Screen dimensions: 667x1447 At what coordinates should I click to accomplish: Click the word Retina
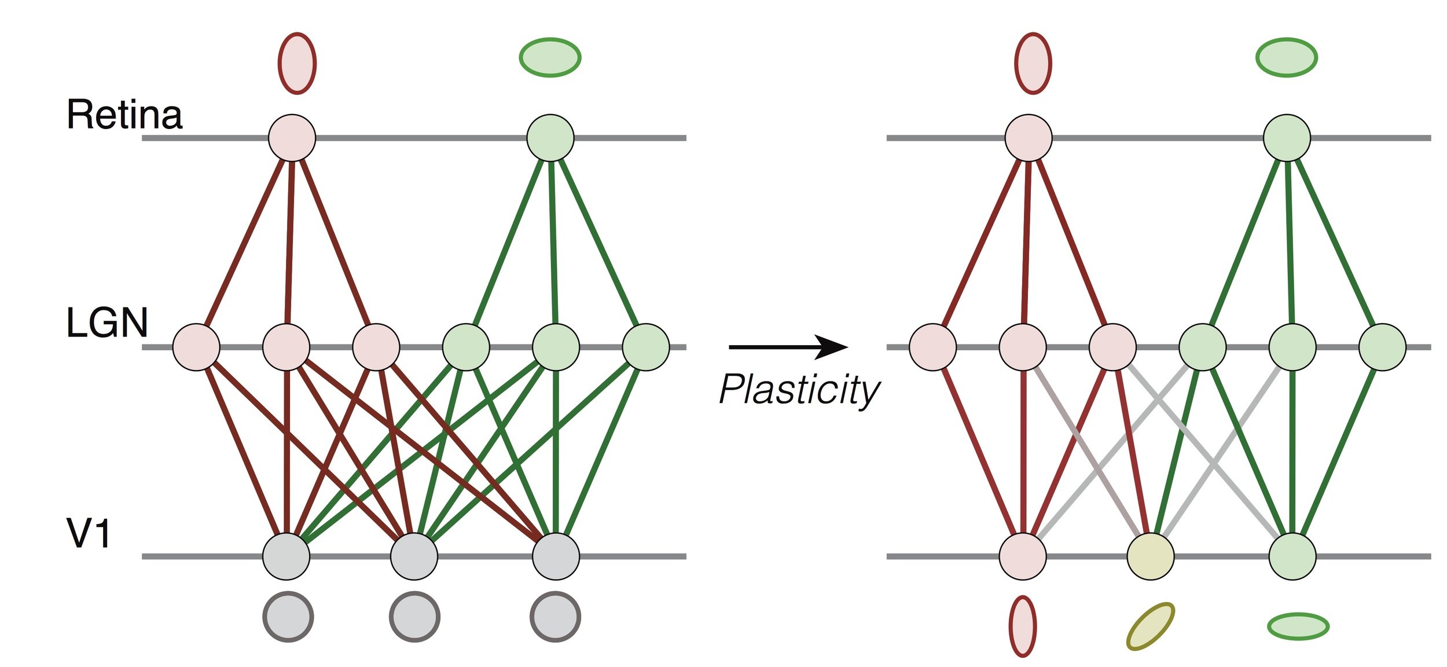click(124, 115)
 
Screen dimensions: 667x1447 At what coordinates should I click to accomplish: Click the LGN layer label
click(107, 323)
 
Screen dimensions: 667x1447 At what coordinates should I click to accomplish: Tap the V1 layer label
click(89, 533)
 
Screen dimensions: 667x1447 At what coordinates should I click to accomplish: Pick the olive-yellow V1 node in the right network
click(1151, 556)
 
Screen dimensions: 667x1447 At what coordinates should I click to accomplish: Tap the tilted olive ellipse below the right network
click(1151, 626)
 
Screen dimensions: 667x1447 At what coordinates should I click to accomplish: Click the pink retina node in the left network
click(292, 138)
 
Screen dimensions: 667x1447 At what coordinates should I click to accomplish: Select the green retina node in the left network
click(550, 138)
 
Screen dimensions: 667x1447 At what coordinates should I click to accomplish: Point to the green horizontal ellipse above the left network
click(550, 57)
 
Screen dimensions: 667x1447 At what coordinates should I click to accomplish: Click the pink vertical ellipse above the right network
click(1033, 63)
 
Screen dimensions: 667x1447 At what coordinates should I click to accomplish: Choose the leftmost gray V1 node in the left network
click(287, 556)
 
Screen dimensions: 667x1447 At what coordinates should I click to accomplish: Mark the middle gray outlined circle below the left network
click(414, 617)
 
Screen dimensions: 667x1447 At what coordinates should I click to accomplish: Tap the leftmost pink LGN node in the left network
click(197, 347)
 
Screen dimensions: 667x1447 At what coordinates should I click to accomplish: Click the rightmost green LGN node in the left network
click(646, 347)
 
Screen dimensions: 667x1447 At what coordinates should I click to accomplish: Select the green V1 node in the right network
click(1292, 556)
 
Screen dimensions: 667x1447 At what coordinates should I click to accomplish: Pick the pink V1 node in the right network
click(1023, 556)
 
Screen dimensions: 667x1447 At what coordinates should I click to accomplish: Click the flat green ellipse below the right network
click(1298, 626)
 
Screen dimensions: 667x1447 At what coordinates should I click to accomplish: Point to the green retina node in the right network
click(1287, 138)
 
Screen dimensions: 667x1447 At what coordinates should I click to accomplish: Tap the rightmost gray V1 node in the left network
click(556, 556)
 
